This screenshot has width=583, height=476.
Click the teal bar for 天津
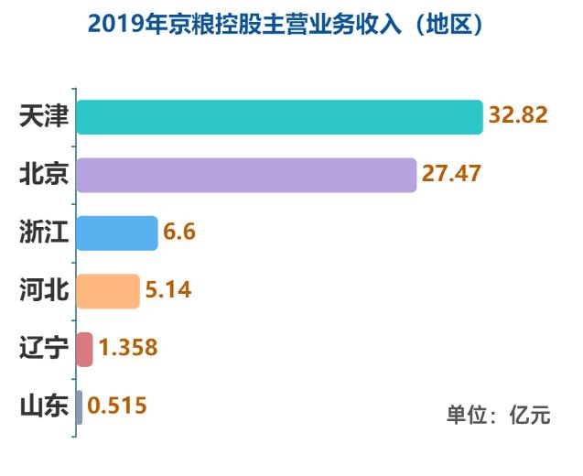pos(279,116)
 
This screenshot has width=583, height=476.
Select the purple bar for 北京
pos(245,174)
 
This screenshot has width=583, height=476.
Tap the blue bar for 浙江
pos(117,233)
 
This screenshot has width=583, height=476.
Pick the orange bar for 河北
pos(107,290)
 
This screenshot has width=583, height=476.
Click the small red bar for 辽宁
pos(84,349)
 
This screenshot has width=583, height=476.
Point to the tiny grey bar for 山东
pos(80,406)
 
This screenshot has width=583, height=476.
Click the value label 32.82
pos(518,116)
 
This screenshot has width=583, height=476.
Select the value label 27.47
pos(451,174)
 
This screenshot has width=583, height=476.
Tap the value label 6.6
pos(179,233)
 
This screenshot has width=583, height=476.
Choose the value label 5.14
pos(167,290)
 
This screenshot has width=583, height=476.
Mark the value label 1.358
pos(128,349)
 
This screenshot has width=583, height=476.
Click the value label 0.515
pos(117,406)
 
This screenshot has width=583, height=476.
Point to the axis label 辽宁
pos(44,349)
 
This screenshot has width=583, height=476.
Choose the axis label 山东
pos(44,406)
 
